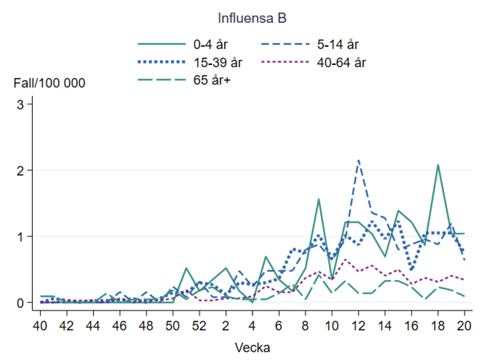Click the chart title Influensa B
coord(252,18)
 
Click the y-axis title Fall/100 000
coord(49,83)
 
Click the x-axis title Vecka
coord(252,348)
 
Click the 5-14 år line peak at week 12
coord(359,160)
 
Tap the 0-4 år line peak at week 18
coord(438,165)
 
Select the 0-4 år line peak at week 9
coord(319,199)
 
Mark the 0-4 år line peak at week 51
coord(186,268)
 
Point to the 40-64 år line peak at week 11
coord(345,259)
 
